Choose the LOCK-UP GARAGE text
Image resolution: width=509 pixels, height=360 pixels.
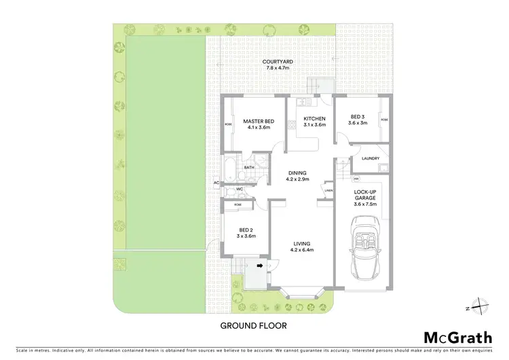point(365,198)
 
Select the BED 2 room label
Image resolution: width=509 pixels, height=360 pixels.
point(236,232)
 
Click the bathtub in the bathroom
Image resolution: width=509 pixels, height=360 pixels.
point(230,167)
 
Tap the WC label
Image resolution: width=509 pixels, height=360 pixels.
point(240,190)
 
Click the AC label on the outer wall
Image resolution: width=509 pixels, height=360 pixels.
point(216,183)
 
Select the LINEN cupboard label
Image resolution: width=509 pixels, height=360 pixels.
point(328,191)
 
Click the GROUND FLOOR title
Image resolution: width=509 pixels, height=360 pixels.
point(254,325)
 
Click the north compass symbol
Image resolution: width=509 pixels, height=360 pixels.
point(478,307)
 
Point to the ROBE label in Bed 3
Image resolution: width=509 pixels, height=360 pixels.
point(384,120)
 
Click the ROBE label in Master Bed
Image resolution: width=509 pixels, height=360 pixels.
point(229,124)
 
